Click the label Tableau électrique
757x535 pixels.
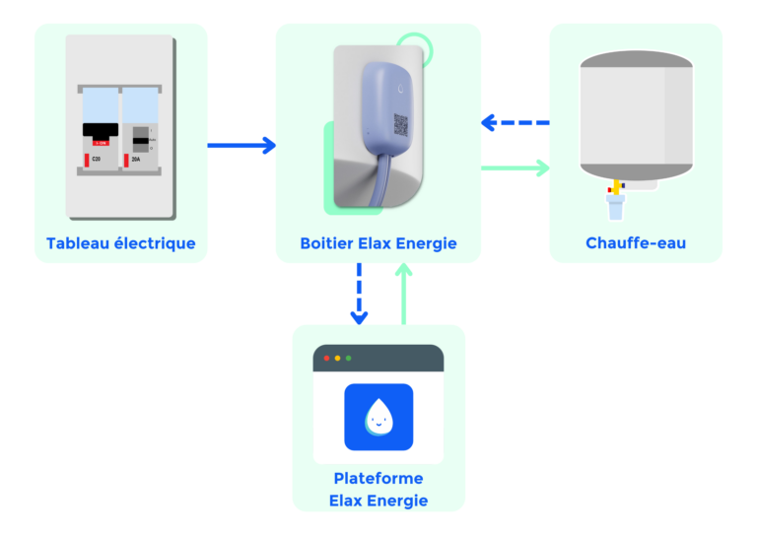(120, 243)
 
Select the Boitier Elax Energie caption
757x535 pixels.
(378, 243)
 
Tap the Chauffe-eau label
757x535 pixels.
(635, 243)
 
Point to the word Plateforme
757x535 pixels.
(378, 479)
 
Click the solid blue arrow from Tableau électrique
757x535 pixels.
(241, 146)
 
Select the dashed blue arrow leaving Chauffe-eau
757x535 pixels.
(515, 123)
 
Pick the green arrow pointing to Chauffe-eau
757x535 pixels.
(515, 167)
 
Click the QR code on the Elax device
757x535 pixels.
(401, 124)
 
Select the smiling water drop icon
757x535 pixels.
(378, 417)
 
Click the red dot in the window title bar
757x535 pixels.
(326, 358)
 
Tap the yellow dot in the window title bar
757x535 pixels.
(337, 358)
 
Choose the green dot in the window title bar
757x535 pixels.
(348, 358)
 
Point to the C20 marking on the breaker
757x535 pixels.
(97, 158)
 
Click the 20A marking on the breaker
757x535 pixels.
(135, 158)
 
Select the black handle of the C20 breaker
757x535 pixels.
(101, 129)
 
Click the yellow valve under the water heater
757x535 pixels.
(616, 185)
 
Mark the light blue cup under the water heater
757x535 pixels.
(616, 207)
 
